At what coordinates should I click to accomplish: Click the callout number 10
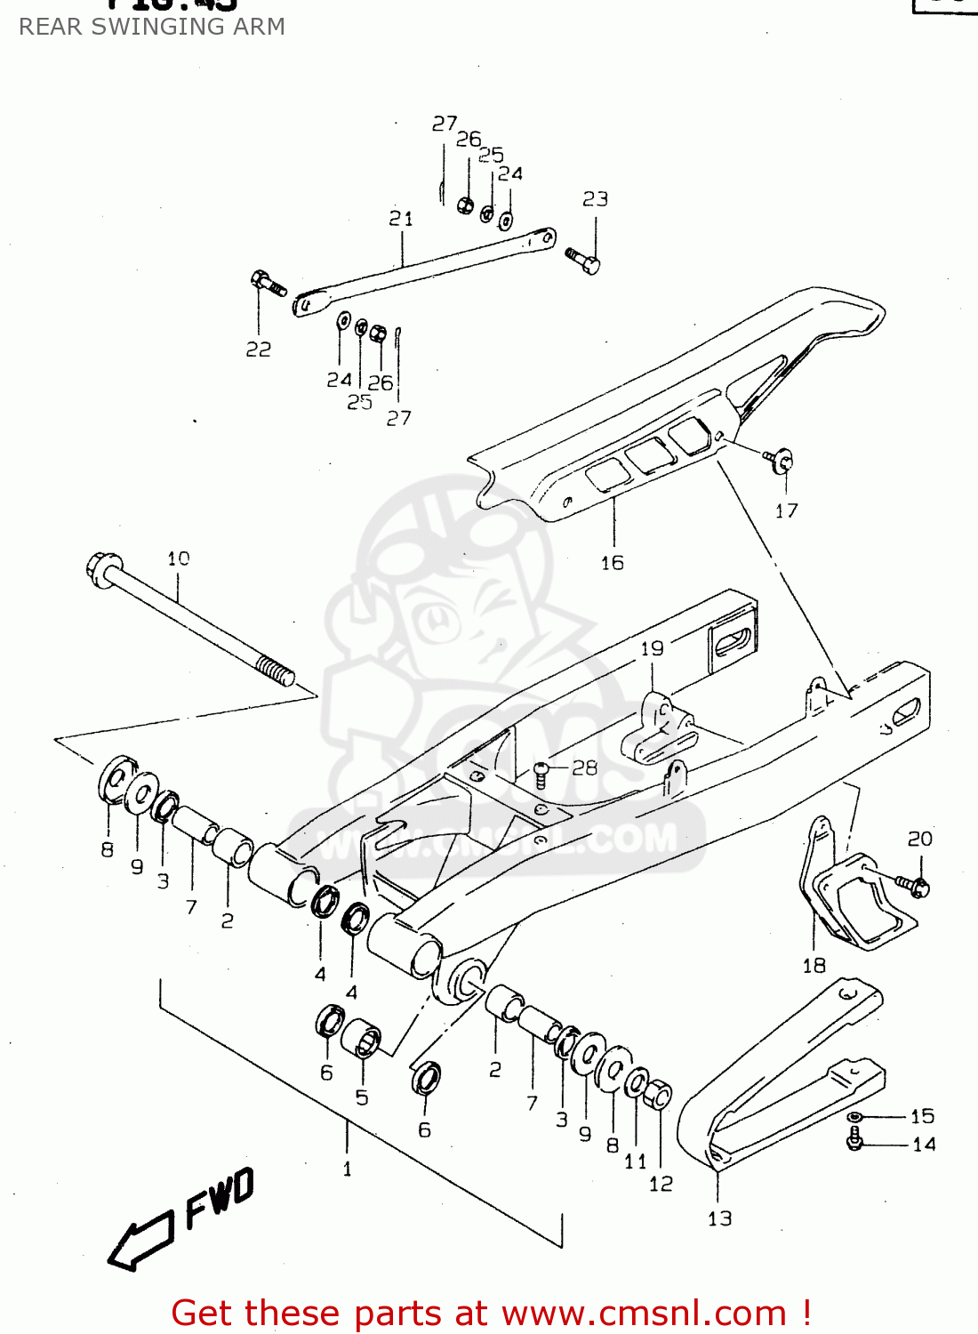[x=179, y=559]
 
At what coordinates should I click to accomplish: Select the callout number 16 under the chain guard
[x=613, y=563]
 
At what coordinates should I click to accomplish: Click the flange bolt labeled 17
[x=780, y=460]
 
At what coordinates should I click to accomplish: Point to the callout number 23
[x=595, y=199]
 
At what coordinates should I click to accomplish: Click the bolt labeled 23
[x=584, y=261]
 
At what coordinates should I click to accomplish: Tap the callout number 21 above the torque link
[x=401, y=219]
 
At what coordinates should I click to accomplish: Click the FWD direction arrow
[x=140, y=1241]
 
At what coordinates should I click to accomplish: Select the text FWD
[x=220, y=1197]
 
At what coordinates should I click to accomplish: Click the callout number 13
[x=720, y=1219]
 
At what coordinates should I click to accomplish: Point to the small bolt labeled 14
[x=854, y=1138]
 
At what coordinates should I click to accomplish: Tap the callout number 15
[x=922, y=1116]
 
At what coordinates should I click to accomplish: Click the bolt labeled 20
[x=912, y=885]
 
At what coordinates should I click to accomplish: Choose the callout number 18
[x=814, y=966]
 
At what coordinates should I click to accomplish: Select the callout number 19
[x=652, y=648]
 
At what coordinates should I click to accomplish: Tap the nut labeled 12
[x=658, y=1096]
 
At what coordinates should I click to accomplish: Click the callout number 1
[x=347, y=1169]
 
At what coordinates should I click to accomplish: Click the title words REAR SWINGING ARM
[x=152, y=27]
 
